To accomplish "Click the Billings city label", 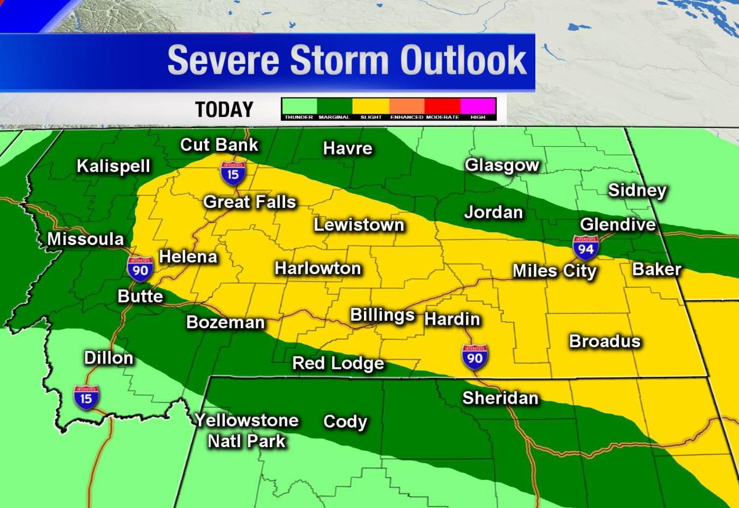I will tap(382, 315).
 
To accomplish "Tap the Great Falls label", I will tap(249, 202).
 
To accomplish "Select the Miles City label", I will tap(554, 271).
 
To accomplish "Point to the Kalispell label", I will tap(113, 166).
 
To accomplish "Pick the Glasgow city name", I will tap(502, 165).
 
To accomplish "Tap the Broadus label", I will tap(605, 341).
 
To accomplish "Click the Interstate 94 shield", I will tap(585, 247).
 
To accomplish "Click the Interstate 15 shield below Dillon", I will tap(86, 397).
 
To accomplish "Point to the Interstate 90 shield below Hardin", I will tap(475, 357).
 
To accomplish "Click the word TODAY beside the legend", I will tap(224, 110).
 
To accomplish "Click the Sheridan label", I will tap(500, 398).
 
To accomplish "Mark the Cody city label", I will tap(345, 422).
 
